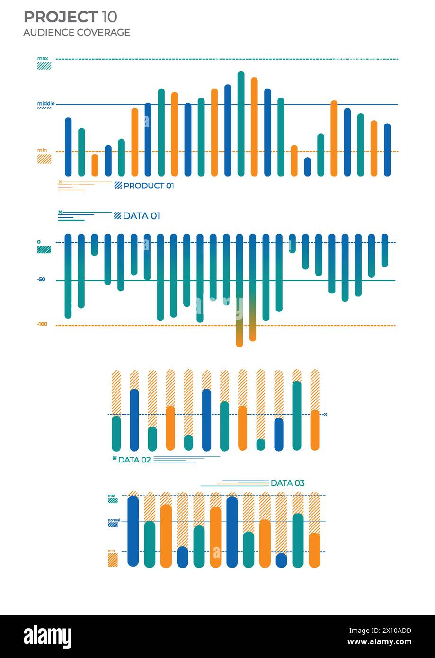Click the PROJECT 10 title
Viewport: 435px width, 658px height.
[x=70, y=17]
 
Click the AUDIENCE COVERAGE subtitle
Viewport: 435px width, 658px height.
[x=76, y=32]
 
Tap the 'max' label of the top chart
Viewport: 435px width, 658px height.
[x=43, y=59]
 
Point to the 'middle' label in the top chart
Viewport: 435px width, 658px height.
[x=46, y=103]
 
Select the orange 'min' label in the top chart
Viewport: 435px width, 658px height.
[x=42, y=150]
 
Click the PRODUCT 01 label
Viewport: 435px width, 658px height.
[x=148, y=186]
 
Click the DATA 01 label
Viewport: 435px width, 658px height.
[x=141, y=216]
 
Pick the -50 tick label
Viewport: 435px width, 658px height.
[x=42, y=280]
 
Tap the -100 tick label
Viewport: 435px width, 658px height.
[x=42, y=324]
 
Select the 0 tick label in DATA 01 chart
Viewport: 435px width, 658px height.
[x=39, y=242]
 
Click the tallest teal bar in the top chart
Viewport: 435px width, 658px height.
[x=241, y=124]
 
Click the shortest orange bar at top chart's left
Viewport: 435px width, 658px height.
[x=95, y=165]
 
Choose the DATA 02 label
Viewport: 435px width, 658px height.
[x=134, y=460]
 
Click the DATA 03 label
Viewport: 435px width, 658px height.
[x=287, y=483]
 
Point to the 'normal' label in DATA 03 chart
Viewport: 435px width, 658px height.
[x=114, y=520]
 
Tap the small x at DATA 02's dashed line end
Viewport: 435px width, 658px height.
[x=326, y=414]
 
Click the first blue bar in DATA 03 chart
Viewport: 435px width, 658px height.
[x=133, y=531]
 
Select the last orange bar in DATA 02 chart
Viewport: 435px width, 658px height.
[x=315, y=430]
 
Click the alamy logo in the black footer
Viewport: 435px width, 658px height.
[x=47, y=637]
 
